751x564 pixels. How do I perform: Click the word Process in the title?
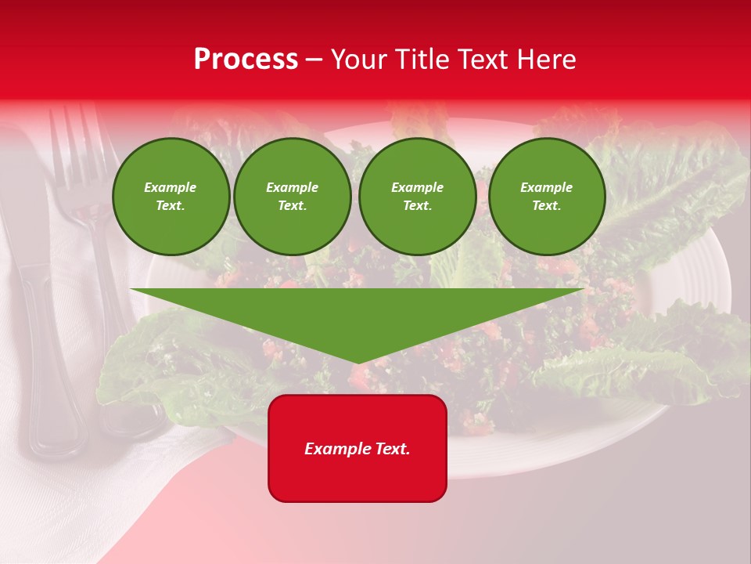click(x=246, y=60)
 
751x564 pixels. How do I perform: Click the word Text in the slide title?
click(x=483, y=60)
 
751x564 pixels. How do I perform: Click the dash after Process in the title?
click(x=314, y=61)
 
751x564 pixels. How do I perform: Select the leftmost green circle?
click(x=171, y=197)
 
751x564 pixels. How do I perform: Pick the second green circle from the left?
click(x=292, y=197)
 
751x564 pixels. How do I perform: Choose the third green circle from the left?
click(x=417, y=197)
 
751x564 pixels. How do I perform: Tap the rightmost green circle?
click(x=546, y=197)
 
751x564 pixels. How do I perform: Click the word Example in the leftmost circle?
click(x=170, y=187)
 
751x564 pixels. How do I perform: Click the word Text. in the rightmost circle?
click(x=546, y=205)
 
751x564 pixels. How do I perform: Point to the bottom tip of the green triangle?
click(x=358, y=361)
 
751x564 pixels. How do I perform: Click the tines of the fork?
click(x=74, y=145)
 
